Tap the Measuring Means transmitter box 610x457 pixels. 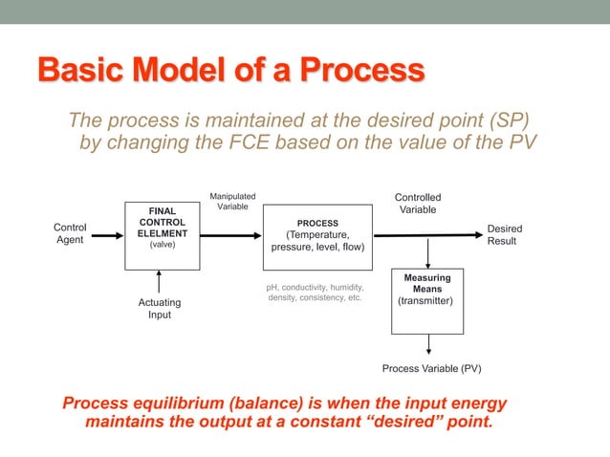[x=427, y=300]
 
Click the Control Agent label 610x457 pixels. [x=70, y=234]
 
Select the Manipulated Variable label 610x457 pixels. [x=232, y=202]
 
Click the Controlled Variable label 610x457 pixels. [x=418, y=204]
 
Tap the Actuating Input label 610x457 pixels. [x=159, y=309]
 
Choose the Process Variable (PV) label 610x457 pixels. [x=431, y=368]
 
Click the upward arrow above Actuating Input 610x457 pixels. [x=159, y=282]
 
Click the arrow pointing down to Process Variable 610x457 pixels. [x=428, y=345]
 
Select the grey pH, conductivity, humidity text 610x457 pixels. [x=314, y=293]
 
